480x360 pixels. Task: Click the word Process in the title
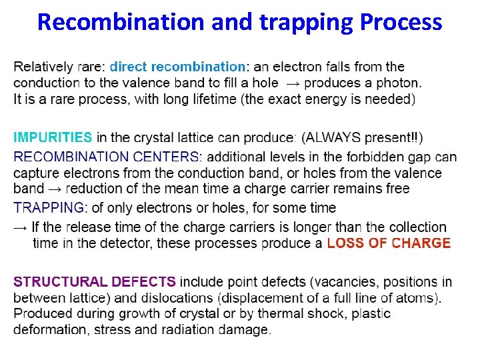pyautogui.click(x=400, y=23)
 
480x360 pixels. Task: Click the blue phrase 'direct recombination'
pyautogui.click(x=177, y=67)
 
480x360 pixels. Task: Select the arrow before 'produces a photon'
pyautogui.click(x=293, y=83)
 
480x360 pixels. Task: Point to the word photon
pyautogui.click(x=398, y=83)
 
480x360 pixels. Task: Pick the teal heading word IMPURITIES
pyautogui.click(x=53, y=138)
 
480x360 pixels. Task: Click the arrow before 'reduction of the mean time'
pyautogui.click(x=55, y=189)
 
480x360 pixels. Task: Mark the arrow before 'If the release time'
pyautogui.click(x=21, y=227)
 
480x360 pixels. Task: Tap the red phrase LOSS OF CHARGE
pyautogui.click(x=389, y=243)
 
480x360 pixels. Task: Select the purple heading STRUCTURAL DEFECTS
pyautogui.click(x=95, y=282)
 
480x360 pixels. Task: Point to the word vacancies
pyautogui.click(x=354, y=282)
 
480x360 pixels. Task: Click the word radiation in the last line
pyautogui.click(x=189, y=329)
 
